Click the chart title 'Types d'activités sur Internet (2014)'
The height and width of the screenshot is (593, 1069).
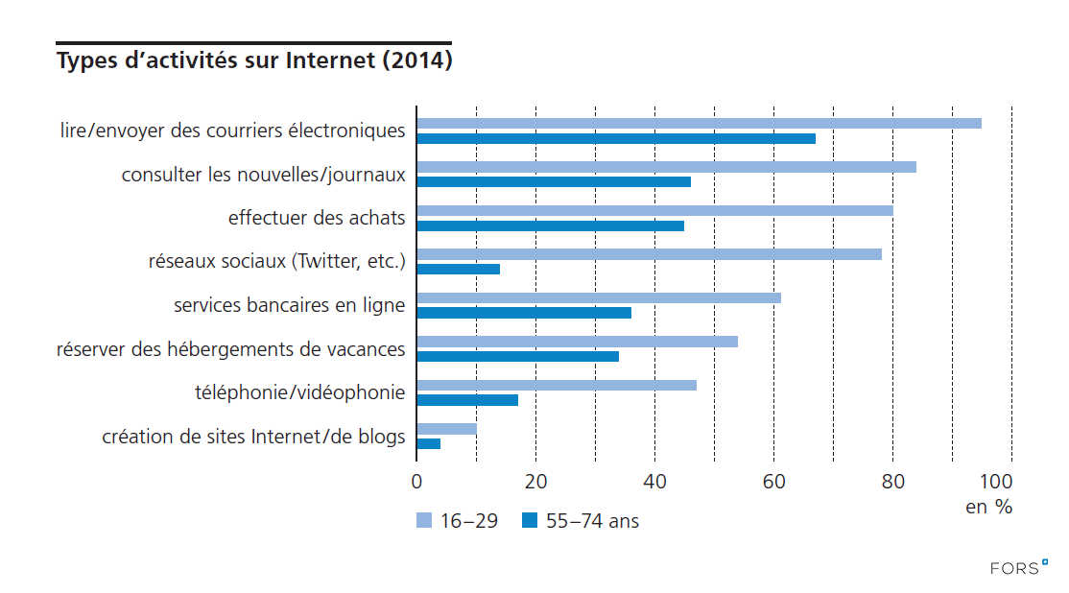coord(254,61)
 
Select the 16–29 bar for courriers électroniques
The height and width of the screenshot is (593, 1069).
coord(699,123)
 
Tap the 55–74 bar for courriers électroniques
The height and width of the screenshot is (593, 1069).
coord(616,138)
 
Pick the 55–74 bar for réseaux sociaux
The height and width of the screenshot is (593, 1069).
coord(458,269)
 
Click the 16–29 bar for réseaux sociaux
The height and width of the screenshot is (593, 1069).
coord(649,254)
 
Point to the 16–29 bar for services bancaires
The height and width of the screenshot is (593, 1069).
coord(599,297)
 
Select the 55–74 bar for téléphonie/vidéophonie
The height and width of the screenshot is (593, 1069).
coord(467,399)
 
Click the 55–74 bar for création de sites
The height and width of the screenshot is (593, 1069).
coord(428,443)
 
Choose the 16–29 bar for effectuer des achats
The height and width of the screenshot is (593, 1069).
coord(654,210)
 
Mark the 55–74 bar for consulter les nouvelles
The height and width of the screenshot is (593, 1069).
coord(554,181)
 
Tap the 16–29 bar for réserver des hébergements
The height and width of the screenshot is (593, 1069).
coord(577,342)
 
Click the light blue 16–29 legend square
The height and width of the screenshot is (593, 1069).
coord(424,521)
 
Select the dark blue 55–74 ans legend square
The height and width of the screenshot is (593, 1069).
coord(529,521)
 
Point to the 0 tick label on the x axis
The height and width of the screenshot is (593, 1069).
coord(416,482)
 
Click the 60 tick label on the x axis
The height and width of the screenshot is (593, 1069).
coord(773,482)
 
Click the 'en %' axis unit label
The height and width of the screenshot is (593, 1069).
coord(988,508)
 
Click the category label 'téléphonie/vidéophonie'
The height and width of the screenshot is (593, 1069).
coord(299,392)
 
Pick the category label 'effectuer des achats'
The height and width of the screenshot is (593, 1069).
coord(317,218)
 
